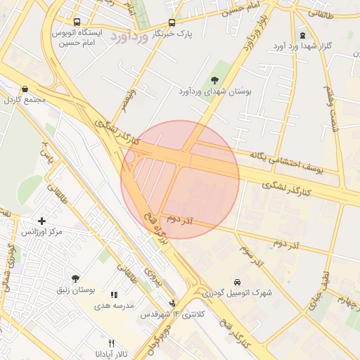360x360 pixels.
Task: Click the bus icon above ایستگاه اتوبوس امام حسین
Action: point(76,22)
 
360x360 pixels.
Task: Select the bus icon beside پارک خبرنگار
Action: point(173,23)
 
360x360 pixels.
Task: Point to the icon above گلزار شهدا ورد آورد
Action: point(302,35)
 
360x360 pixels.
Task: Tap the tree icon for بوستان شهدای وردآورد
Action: point(214,79)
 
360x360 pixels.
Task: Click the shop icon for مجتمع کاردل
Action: point(26,89)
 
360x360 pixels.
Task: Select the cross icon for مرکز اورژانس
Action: point(42,221)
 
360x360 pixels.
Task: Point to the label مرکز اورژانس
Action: point(41,232)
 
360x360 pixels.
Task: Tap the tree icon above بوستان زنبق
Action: point(76,278)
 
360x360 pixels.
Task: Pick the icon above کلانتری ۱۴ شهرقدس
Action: point(173,304)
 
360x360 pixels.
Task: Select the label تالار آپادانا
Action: point(110,354)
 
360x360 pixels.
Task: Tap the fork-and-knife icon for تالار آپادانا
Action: point(110,342)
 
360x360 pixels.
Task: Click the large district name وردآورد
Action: point(131,38)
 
